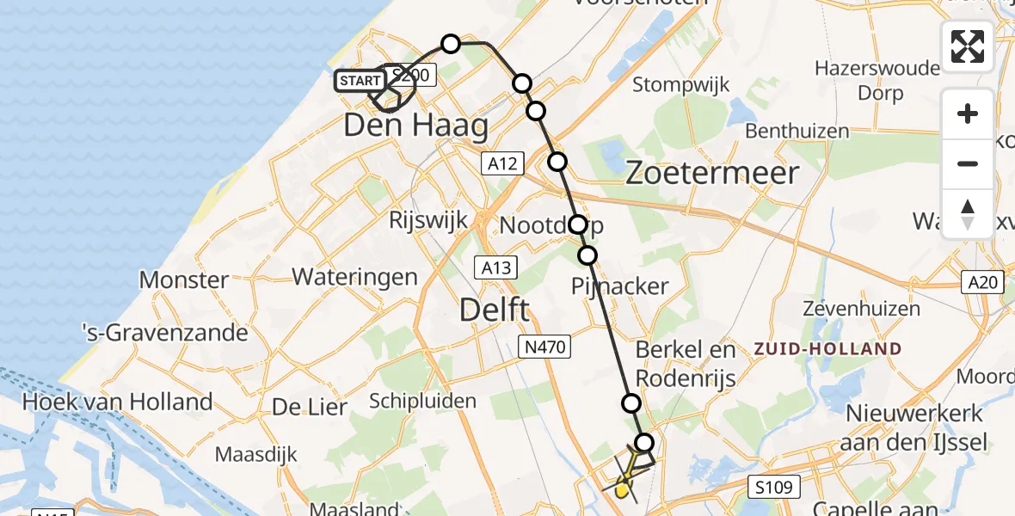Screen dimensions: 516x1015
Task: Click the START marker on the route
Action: coord(360,82)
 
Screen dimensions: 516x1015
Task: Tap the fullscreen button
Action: coord(968,46)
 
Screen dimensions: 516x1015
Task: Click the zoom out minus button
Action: coord(968,163)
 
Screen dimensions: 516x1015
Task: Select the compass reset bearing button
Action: coord(968,212)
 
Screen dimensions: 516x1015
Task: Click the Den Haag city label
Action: coord(415,126)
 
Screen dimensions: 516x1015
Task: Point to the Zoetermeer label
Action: coord(711,173)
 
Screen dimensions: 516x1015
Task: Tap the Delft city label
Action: coord(495,310)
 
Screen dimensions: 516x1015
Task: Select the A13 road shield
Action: coord(496,267)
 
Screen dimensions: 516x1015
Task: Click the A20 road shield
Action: coord(982,280)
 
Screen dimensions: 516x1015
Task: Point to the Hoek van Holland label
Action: coord(117,402)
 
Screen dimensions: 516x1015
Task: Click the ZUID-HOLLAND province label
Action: coord(827,349)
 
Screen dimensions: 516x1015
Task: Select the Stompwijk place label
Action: coord(681,85)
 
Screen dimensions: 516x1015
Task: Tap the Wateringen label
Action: coord(354,277)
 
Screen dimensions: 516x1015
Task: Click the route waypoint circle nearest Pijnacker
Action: coord(587,255)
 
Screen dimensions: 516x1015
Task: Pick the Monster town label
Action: coord(184,279)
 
